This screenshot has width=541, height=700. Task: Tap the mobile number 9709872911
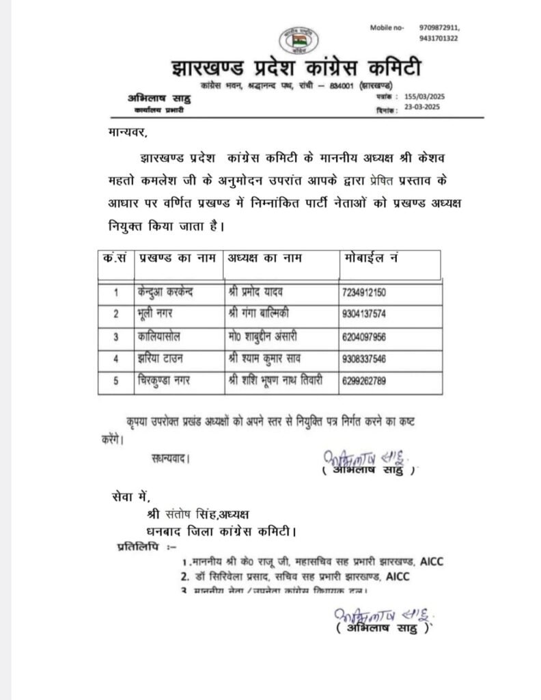coord(438,27)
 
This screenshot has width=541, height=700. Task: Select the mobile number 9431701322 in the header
coord(438,38)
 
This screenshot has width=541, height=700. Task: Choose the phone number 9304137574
coord(365,314)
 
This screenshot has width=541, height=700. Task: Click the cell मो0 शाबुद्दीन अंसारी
coord(269,337)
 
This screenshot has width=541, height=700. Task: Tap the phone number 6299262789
coord(365,381)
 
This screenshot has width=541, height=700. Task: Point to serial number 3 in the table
coord(116,337)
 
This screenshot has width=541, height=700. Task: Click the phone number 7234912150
coord(365,293)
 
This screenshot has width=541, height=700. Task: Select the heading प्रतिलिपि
coord(135,548)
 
